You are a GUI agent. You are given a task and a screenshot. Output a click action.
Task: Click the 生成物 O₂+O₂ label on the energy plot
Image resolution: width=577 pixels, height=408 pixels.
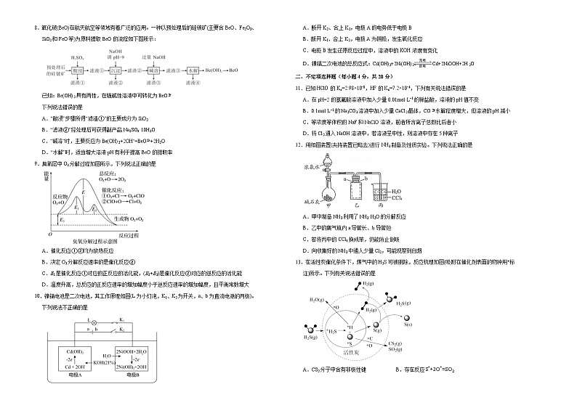pyautogui.click(x=126, y=218)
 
